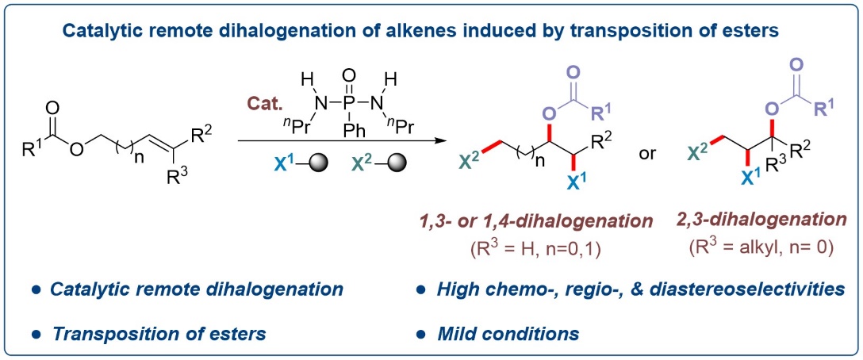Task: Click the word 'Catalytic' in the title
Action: pyautogui.click(x=99, y=33)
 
